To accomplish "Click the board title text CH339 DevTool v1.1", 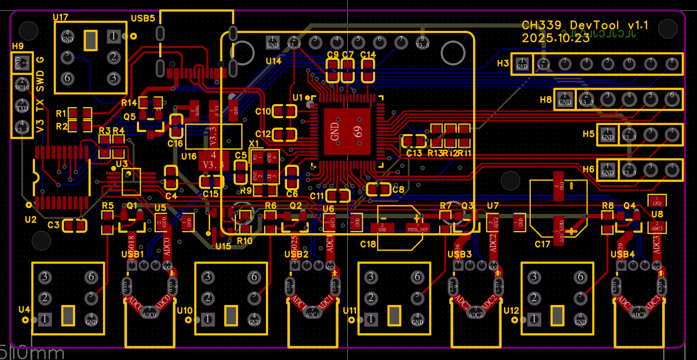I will point(585,25).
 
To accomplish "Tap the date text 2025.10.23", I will point(555,38).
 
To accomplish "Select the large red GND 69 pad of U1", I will point(347,132).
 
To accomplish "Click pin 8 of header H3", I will point(672,64).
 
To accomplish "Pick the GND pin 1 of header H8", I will point(565,99).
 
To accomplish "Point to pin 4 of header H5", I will point(672,134).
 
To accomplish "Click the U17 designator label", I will point(60,17).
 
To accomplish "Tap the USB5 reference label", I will point(143,18).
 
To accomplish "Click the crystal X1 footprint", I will point(264,166).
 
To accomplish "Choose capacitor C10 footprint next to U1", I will point(285,111).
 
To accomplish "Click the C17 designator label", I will point(542,244).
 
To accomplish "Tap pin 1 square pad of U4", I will point(45,319).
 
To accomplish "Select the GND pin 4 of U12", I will point(580,319).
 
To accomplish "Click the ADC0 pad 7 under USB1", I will point(150,312).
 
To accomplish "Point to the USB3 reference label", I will point(459,254).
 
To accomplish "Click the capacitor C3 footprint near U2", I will point(74,225).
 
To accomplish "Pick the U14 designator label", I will point(273,61).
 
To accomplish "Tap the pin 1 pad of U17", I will point(113,36).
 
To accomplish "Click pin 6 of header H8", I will point(672,99).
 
